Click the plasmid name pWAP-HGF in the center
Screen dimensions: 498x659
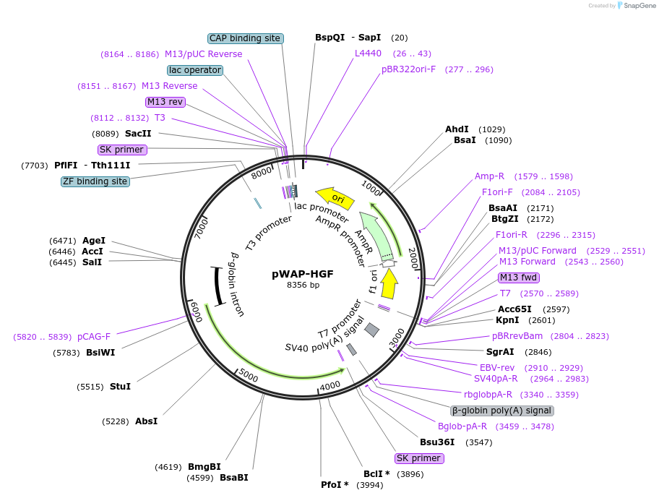point(303,274)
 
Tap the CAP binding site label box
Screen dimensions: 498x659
point(245,38)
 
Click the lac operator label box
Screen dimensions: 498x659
point(194,70)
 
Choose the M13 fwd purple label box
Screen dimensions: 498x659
point(519,278)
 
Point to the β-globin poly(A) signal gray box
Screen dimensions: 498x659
point(502,411)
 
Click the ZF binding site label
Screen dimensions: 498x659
point(95,181)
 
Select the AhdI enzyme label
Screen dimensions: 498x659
point(457,129)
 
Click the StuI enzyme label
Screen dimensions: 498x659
point(120,387)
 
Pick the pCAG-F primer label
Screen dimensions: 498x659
point(94,336)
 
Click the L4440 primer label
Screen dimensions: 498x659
point(368,53)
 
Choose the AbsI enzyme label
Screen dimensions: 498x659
point(146,421)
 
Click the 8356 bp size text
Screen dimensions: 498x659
point(303,285)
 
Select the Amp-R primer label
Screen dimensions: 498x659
point(489,176)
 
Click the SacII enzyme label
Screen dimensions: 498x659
point(138,133)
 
